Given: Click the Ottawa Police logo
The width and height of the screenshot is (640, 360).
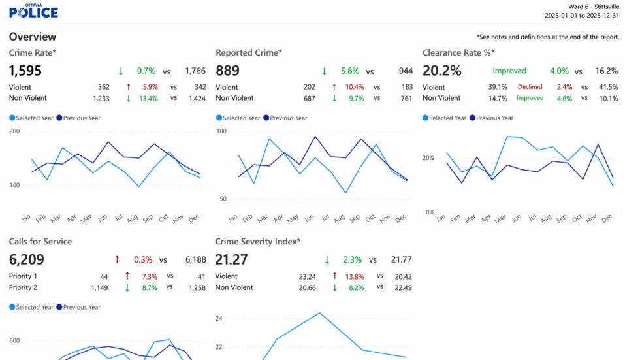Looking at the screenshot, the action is [33, 11].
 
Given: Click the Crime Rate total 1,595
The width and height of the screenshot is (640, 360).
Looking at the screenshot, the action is [25, 71].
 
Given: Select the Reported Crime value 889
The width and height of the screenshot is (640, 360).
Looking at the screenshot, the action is [227, 71].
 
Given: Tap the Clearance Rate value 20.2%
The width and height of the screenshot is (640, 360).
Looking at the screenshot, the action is [441, 71].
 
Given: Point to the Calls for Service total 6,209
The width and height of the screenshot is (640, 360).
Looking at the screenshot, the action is [27, 259].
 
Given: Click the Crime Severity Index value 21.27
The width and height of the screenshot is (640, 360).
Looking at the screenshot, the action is [231, 259].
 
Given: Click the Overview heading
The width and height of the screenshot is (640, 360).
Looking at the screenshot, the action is [33, 37].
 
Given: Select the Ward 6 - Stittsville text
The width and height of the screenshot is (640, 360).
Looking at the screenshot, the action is [594, 7].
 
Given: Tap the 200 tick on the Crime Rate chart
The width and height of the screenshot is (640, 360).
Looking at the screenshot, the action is [14, 131].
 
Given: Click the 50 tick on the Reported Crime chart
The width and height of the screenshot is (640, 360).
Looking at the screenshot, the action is [223, 199].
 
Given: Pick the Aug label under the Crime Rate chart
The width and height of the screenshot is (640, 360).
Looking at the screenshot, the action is [132, 219].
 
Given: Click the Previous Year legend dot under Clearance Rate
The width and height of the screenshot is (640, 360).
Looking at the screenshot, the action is [472, 118].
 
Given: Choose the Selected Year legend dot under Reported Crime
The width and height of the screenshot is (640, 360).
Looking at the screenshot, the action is [219, 118].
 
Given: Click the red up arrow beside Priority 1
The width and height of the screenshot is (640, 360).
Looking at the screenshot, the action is [127, 276].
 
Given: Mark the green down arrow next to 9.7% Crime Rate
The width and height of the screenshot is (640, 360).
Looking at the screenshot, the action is [121, 71].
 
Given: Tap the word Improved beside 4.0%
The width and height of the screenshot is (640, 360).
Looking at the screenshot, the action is [509, 71].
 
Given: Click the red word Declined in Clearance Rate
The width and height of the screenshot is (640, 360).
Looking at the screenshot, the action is [530, 87].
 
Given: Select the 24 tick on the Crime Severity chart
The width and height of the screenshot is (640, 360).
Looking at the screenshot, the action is [219, 318].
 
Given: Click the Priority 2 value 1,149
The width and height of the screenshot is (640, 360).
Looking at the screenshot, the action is [99, 287].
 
